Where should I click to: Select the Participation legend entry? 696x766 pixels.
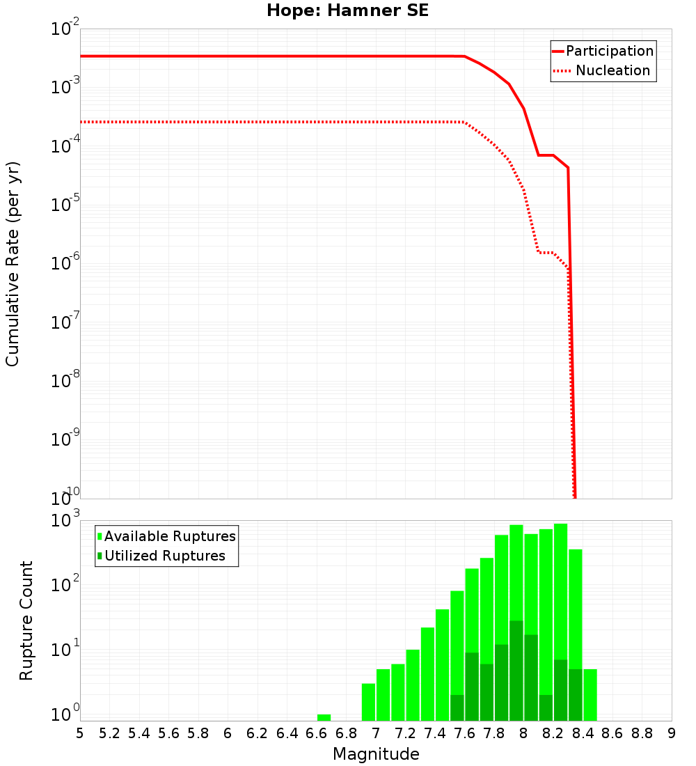[609, 51]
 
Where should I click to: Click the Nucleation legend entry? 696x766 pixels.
[612, 70]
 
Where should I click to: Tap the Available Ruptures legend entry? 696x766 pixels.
[170, 536]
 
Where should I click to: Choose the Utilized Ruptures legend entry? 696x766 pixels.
[164, 556]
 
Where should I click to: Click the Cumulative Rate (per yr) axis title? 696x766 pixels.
[13, 263]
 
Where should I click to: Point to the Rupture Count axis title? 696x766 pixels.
[26, 620]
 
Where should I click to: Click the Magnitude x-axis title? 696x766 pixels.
[376, 753]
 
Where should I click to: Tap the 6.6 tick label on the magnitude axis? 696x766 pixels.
[317, 733]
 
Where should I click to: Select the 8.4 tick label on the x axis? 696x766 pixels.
[583, 733]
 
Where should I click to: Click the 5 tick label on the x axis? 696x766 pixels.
[80, 733]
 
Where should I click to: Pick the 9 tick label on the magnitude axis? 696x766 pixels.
[672, 733]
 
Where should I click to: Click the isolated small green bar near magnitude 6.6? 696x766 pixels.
[324, 717]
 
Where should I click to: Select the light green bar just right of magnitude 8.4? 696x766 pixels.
[590, 694]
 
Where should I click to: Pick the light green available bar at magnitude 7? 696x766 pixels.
[383, 694]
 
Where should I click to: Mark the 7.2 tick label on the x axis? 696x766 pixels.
[405, 733]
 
